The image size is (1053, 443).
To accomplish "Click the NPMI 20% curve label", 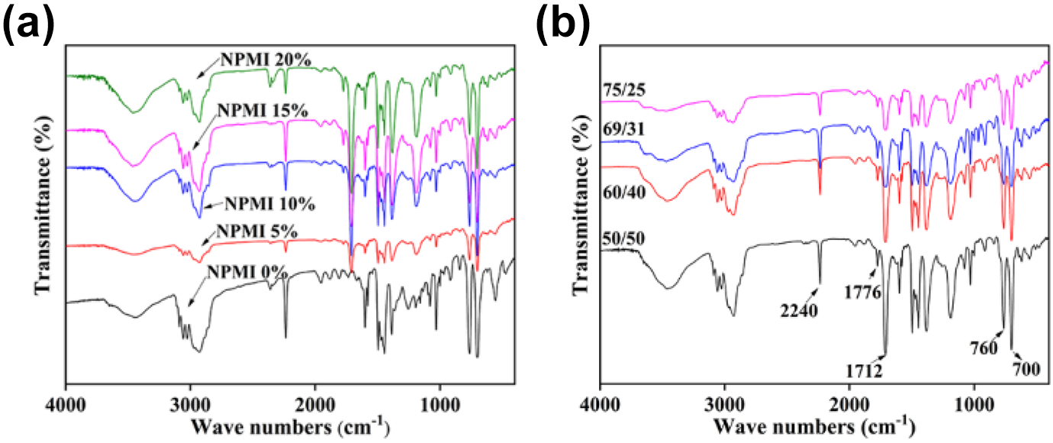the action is coord(266,60).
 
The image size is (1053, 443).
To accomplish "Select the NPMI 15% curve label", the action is coord(262,111).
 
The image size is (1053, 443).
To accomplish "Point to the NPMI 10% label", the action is coord(270,204).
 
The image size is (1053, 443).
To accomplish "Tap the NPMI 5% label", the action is coord(257,231).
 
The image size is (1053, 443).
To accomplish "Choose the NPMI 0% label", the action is coord(248,272).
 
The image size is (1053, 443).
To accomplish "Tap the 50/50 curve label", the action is coord(623,238).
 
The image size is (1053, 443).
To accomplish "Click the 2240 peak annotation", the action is coord(799,311).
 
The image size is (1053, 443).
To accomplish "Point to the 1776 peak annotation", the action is coord(862,293).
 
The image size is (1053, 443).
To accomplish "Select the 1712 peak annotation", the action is coord(865,371).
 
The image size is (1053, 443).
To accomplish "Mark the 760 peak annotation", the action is coord(984,348).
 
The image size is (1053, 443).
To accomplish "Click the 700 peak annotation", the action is coord(1026,370).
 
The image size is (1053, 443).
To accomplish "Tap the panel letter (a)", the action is coord(29,24).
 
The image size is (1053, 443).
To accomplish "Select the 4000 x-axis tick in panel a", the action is coord(66,406).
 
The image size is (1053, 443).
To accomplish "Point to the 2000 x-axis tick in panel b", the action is coord(849,406).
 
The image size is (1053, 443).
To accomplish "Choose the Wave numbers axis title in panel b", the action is coord(815,426).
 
